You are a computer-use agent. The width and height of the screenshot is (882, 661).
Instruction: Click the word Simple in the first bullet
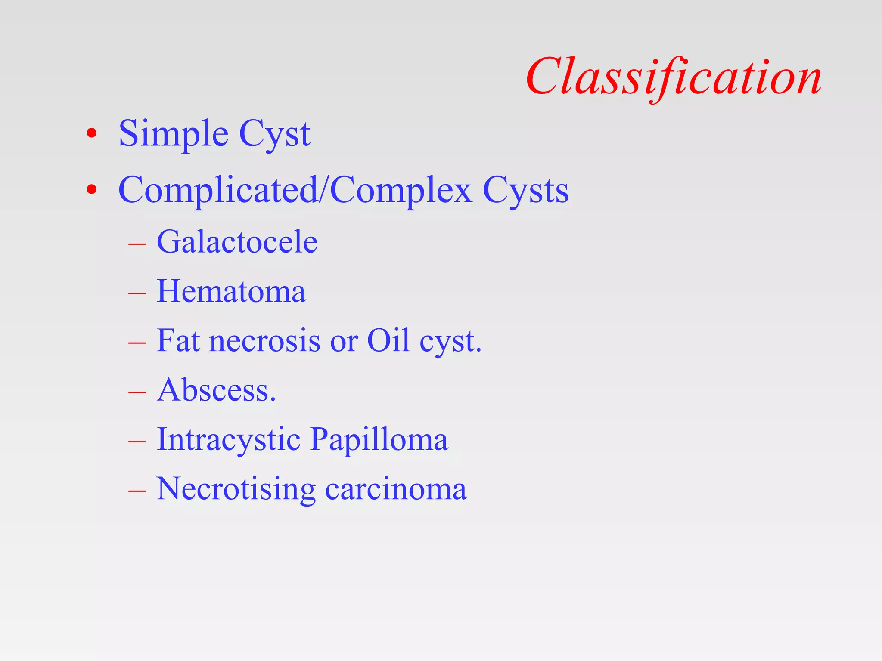[x=173, y=134]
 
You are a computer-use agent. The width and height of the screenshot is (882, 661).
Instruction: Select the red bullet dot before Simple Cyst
[x=91, y=133]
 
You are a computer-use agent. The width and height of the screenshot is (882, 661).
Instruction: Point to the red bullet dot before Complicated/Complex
[x=91, y=189]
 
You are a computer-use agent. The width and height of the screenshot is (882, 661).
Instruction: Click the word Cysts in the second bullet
[x=525, y=191]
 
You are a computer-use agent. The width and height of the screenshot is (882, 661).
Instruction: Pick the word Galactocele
[x=237, y=242]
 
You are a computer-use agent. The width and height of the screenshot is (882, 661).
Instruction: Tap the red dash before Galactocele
[x=137, y=244]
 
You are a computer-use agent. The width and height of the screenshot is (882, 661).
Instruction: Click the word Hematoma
[x=231, y=291]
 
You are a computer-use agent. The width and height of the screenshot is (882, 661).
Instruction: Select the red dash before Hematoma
[x=137, y=293]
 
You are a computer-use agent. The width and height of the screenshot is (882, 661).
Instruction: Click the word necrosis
[x=265, y=341]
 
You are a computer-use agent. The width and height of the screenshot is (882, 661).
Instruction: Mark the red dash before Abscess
[x=137, y=392]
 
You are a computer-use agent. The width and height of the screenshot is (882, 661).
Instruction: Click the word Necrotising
[x=236, y=489]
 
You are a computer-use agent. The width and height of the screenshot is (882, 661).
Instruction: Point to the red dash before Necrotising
[x=137, y=491]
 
